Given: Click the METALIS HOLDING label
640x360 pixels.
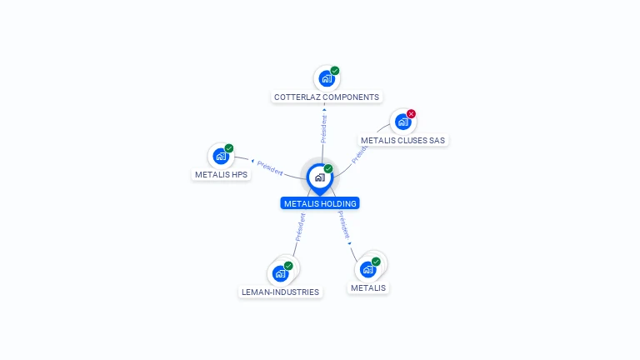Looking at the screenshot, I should pyautogui.click(x=320, y=203).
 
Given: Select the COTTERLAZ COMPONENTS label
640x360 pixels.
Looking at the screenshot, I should pyautogui.click(x=327, y=97).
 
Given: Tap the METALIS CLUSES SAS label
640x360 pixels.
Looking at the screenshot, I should pyautogui.click(x=403, y=141).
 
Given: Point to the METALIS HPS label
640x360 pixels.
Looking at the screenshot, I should pyautogui.click(x=221, y=175).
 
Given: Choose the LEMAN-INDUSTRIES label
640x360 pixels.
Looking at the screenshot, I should pyautogui.click(x=281, y=292).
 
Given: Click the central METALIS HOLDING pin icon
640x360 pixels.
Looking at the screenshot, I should pyautogui.click(x=319, y=177).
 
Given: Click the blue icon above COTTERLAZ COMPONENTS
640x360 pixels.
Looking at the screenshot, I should pyautogui.click(x=327, y=79).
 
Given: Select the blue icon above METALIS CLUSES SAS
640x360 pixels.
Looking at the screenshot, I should pyautogui.click(x=403, y=122).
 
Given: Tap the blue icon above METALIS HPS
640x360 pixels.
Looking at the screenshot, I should pyautogui.click(x=221, y=157).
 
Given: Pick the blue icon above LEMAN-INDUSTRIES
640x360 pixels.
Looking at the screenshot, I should pyautogui.click(x=280, y=273).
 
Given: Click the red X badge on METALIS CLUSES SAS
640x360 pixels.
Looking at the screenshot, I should pyautogui.click(x=411, y=114).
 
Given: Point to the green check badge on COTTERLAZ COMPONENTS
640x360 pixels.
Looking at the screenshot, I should pyautogui.click(x=335, y=71).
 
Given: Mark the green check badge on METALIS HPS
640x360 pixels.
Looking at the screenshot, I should pyautogui.click(x=229, y=148).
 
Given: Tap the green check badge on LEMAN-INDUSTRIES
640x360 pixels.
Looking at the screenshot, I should pyautogui.click(x=288, y=266).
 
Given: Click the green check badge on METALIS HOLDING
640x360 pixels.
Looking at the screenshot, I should pyautogui.click(x=328, y=169).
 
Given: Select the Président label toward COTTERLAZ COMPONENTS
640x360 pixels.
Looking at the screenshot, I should pyautogui.click(x=324, y=128).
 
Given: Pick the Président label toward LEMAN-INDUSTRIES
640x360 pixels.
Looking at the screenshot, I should pyautogui.click(x=300, y=227).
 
